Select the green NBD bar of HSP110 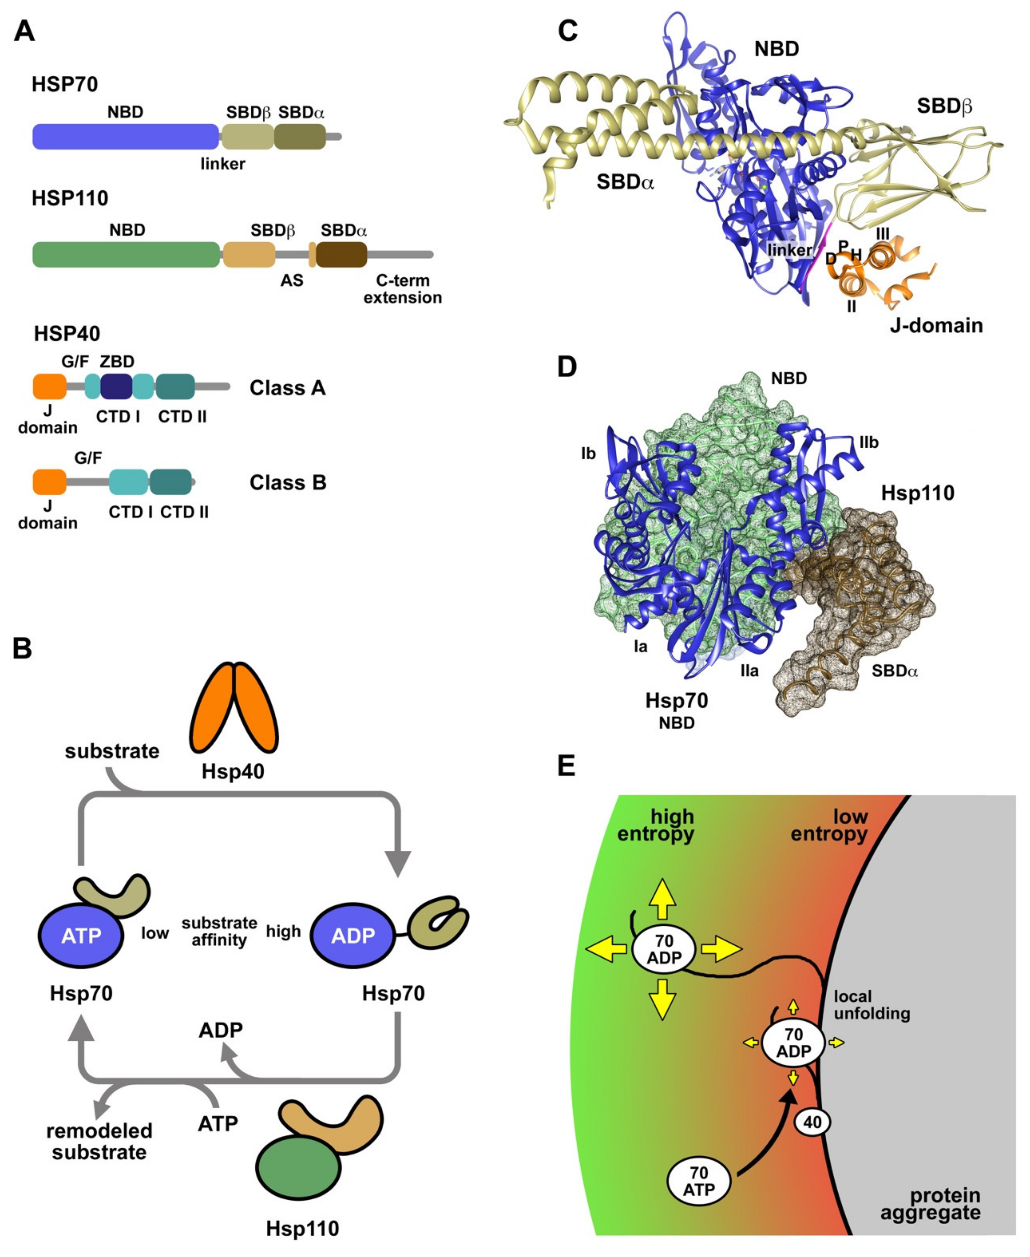[x=126, y=255]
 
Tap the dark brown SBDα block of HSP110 [x=341, y=255]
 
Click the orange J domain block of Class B [x=49, y=482]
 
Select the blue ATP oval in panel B [x=81, y=936]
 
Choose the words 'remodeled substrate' [x=99, y=1141]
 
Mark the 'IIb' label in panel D [x=868, y=442]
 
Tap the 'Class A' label [x=287, y=388]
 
